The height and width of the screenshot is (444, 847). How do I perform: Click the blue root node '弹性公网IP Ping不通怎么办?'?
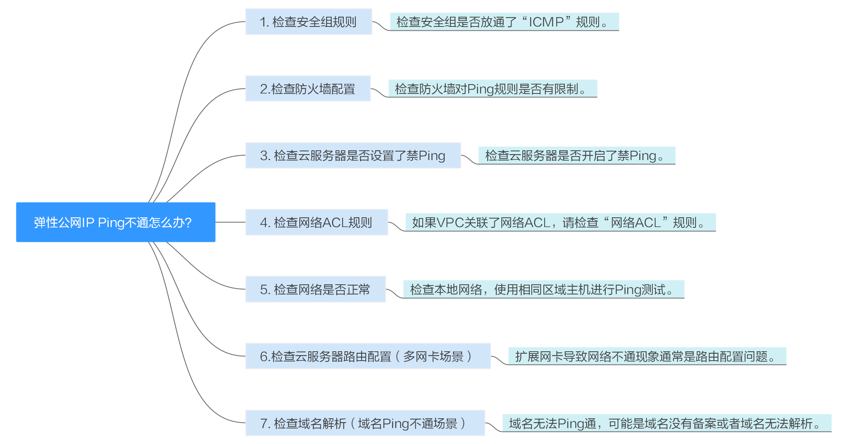pos(116,222)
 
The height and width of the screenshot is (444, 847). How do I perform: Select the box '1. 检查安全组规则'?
pos(309,22)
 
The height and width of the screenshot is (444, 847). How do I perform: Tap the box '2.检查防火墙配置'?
pos(308,89)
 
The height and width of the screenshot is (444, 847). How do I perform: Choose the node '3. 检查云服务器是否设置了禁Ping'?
pos(353,155)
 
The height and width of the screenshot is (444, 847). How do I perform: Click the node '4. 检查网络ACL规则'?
pos(317,222)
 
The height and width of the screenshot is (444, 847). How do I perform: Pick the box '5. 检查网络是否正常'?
pos(316,289)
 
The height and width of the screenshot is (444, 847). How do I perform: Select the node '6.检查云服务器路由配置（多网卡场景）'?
pos(368,356)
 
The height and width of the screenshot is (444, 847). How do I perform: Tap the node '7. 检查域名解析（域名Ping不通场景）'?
pos(365,423)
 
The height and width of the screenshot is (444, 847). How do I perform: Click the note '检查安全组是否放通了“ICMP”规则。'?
pos(504,22)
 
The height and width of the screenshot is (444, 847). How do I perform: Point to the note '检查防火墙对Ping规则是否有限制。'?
pos(493,89)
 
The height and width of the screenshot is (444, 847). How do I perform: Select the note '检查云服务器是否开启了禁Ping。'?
pos(577,156)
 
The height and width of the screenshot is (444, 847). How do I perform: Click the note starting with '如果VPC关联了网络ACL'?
pos(561,222)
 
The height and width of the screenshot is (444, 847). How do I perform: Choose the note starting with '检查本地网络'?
pos(544,289)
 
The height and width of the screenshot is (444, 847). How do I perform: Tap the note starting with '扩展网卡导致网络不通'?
pos(647,356)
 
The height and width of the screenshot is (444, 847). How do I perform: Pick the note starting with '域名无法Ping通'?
pos(667,423)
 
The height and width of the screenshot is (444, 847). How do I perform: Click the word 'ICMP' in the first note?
pos(547,22)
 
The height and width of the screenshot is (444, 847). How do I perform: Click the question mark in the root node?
pos(188,222)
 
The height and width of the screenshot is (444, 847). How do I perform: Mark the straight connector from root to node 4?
pos(230,222)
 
